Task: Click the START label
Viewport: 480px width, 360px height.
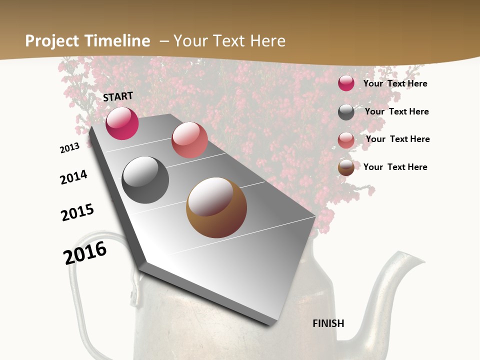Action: tap(118, 96)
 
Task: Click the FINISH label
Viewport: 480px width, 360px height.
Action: tap(328, 323)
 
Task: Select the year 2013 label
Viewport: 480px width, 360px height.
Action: tap(69, 148)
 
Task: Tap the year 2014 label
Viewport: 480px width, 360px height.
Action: tap(73, 177)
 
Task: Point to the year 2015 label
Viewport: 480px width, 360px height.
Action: tap(77, 212)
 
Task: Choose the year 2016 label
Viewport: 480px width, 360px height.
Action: tap(85, 252)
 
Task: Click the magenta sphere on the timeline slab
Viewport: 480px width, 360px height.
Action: tap(122, 123)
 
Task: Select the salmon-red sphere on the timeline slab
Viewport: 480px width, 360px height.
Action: tap(189, 140)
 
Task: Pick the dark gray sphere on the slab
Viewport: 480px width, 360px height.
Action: tap(145, 180)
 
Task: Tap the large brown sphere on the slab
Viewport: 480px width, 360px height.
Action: tap(216, 207)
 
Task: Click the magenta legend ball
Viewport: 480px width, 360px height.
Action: tap(346, 83)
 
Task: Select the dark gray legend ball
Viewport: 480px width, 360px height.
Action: tap(346, 112)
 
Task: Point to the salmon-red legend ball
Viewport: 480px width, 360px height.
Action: tap(346, 140)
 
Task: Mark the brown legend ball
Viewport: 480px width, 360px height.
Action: tap(346, 167)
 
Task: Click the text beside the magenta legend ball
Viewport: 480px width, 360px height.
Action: tap(395, 83)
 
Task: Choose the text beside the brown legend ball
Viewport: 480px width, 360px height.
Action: tap(395, 167)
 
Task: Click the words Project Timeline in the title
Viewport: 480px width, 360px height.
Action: tap(87, 41)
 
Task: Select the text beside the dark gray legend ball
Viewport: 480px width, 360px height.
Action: tap(396, 111)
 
